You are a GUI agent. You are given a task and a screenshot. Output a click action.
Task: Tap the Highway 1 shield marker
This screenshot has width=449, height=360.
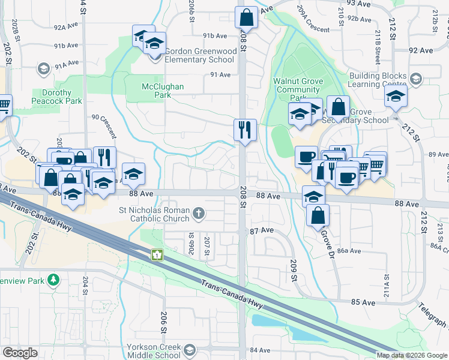(x=157, y=256)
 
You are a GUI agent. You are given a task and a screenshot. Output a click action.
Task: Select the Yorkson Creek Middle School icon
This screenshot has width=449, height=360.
(x=190, y=350)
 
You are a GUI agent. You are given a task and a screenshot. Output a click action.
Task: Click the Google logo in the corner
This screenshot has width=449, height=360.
(x=20, y=353)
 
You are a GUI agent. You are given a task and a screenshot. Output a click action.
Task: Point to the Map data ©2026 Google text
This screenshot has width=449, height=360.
(x=412, y=355)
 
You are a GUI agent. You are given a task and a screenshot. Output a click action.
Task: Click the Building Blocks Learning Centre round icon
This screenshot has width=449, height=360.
(x=415, y=78)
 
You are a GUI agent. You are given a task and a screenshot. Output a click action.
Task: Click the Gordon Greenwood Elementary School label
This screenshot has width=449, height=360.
(x=200, y=56)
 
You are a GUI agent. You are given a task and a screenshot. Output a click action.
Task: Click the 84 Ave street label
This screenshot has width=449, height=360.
(x=261, y=350)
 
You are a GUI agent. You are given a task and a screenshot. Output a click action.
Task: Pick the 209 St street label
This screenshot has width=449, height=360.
(x=294, y=271)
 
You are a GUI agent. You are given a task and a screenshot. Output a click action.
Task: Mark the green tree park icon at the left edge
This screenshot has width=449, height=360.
(x=53, y=280)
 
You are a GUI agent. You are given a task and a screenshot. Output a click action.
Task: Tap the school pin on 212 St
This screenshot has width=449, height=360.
(x=396, y=97)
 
